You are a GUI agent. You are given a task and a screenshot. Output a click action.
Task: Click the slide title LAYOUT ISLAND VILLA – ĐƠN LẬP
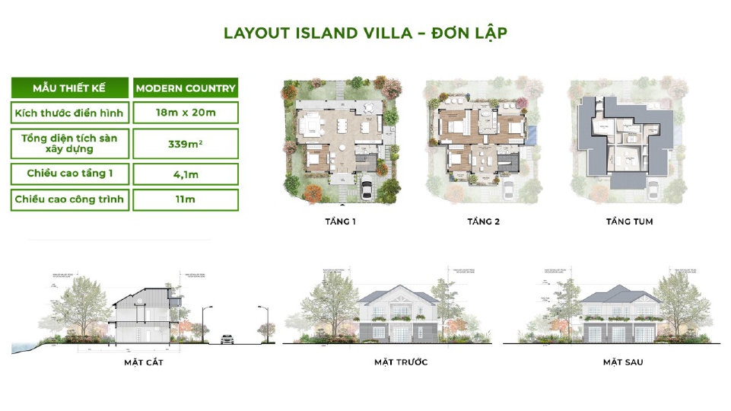(365, 33)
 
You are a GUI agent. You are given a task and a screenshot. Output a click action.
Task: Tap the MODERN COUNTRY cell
(186, 88)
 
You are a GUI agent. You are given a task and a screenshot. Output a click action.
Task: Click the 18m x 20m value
(186, 113)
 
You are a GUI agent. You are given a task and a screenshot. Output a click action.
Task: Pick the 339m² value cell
(186, 143)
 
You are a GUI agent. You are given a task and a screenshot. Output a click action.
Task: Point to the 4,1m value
(186, 174)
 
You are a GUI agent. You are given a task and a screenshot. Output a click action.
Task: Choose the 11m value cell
(186, 200)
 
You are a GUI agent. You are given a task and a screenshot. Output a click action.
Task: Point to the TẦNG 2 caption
(483, 222)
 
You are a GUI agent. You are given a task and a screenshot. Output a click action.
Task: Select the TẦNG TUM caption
(629, 222)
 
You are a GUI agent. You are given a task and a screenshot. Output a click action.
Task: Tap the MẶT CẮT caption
(144, 362)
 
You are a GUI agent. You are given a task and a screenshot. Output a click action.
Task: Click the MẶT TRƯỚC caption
(401, 362)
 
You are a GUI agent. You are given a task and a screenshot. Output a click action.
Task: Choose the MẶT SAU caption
(623, 362)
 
